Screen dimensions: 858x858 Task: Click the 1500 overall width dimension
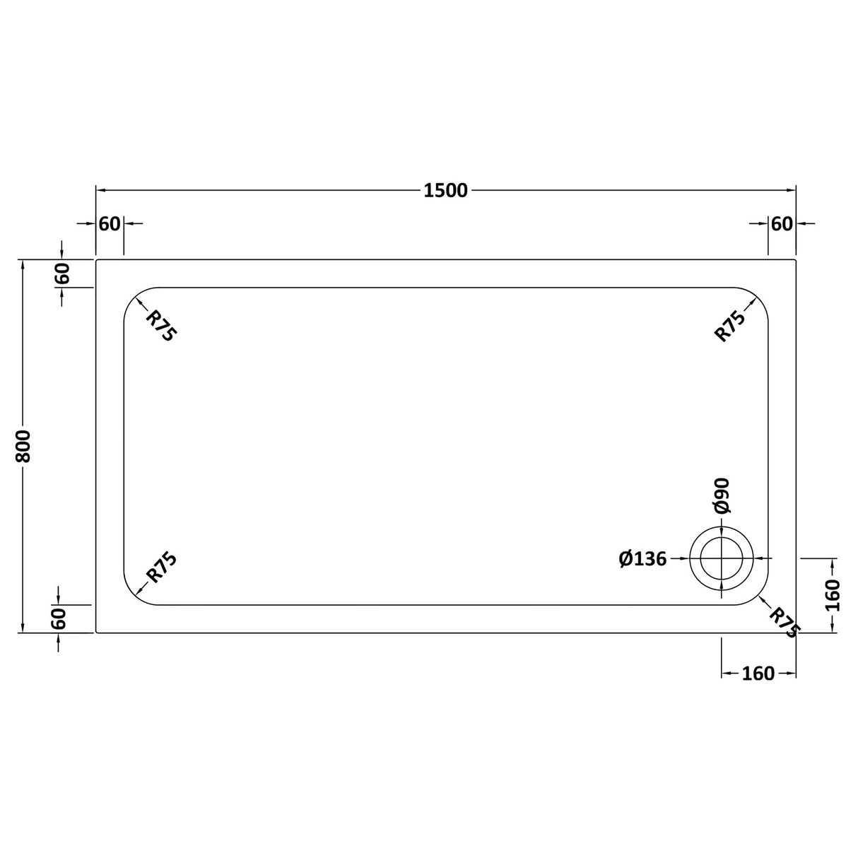(x=445, y=190)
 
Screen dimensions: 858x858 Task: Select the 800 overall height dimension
(x=23, y=446)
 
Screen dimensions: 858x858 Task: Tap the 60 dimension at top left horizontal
(x=110, y=223)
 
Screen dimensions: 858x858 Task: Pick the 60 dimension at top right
(x=782, y=223)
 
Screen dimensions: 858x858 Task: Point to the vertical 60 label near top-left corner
(x=62, y=274)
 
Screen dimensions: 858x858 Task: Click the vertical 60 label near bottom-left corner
(x=59, y=619)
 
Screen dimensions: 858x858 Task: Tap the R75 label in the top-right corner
(x=730, y=326)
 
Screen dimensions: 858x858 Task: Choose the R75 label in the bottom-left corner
(x=160, y=568)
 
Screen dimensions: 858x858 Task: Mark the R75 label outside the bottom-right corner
(x=782, y=623)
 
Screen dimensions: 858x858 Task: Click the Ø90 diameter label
(x=721, y=495)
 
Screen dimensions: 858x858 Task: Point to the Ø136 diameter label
(x=642, y=559)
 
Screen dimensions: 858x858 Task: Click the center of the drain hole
(x=721, y=558)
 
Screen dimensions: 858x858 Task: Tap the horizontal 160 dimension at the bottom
(x=758, y=674)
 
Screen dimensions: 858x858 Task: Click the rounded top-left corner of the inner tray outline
(x=134, y=298)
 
